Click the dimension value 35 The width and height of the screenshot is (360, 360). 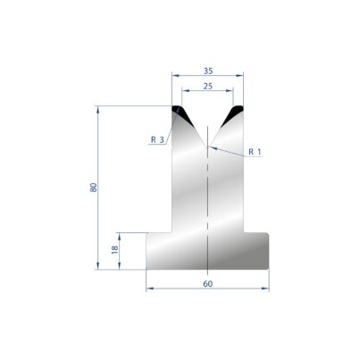point(208,71)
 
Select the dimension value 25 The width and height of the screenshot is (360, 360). point(208,86)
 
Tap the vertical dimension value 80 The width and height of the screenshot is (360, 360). point(94,188)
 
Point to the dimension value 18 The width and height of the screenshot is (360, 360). point(114,249)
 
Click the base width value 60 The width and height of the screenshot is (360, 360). point(208,284)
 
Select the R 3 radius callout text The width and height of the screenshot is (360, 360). point(157,139)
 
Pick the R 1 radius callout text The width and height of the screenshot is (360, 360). point(255,152)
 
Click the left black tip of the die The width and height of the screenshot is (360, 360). point(181,113)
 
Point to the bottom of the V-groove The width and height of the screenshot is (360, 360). point(207,147)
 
